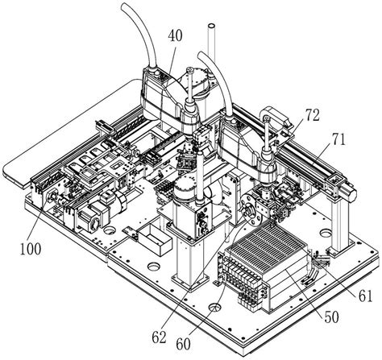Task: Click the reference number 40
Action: pyautogui.click(x=175, y=35)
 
